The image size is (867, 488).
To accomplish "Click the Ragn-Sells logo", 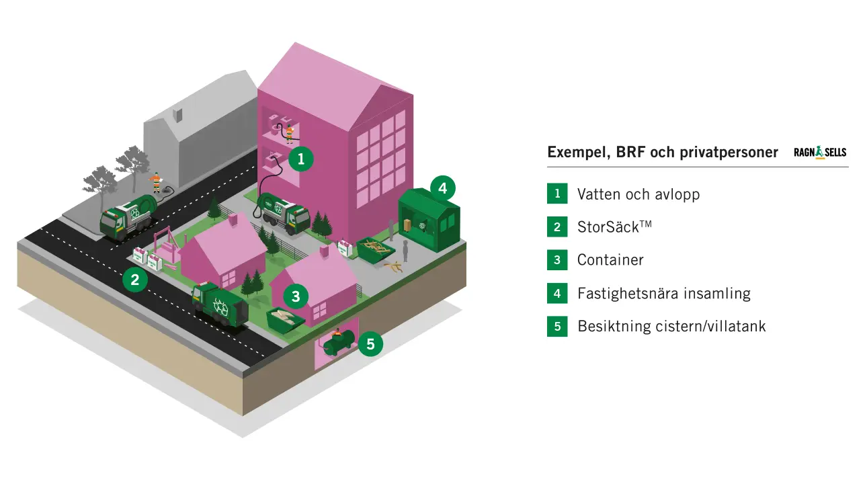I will (820, 153).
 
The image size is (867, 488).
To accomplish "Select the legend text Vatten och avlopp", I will (638, 194).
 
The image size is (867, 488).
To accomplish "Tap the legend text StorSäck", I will (614, 227).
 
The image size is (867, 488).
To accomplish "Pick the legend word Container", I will (610, 260).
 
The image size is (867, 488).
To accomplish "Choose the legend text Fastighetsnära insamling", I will (663, 293).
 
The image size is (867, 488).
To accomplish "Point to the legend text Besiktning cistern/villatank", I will (671, 327).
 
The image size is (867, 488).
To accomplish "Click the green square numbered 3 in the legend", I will (557, 260).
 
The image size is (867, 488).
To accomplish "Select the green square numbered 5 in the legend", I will (557, 327).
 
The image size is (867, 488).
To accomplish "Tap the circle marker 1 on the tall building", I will (301, 159).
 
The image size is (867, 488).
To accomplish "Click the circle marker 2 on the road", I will (135, 280).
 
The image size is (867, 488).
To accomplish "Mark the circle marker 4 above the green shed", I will (442, 188).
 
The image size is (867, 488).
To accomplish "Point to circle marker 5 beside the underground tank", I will (370, 345).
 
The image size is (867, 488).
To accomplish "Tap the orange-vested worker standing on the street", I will (156, 181).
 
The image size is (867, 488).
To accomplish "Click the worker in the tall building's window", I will (289, 132).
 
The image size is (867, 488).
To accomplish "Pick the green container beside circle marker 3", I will (284, 319).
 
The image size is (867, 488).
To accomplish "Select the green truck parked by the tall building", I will (284, 214).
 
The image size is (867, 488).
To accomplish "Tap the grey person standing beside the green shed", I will (405, 248).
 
